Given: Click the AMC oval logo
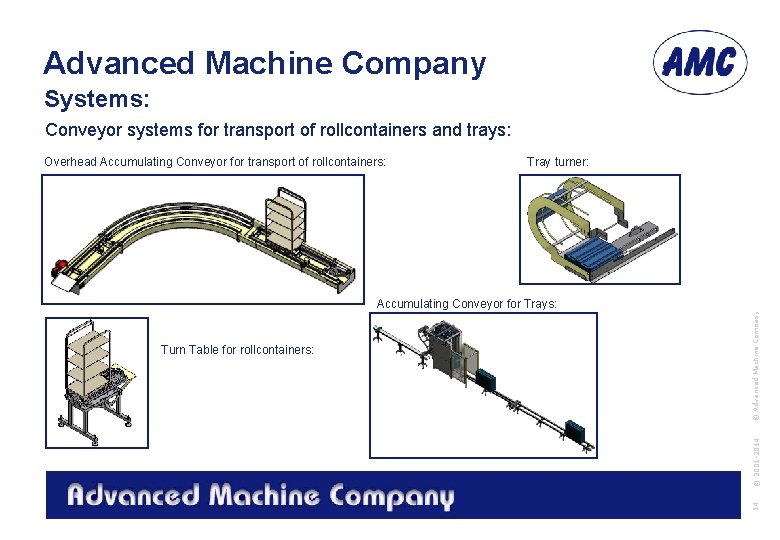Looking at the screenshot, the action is [701, 62].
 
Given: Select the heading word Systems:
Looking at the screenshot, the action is [96, 100].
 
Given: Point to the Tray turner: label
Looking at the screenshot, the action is [557, 161].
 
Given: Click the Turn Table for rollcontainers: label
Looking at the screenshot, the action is [237, 349].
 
